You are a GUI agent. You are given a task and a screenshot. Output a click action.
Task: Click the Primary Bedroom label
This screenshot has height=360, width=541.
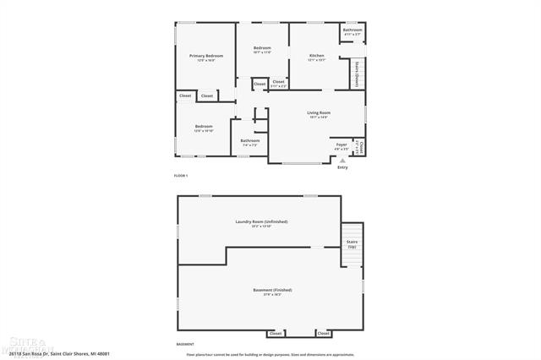click(205, 56)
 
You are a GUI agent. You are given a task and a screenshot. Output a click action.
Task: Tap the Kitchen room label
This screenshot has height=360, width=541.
click(316, 56)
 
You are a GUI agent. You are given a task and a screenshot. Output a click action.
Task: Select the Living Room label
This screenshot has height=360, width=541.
click(319, 112)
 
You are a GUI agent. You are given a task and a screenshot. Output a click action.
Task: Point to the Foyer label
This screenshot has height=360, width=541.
click(342, 145)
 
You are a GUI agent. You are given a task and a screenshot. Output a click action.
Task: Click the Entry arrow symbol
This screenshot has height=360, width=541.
click(342, 159)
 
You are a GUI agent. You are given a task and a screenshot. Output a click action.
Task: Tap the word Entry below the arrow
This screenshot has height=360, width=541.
click(342, 167)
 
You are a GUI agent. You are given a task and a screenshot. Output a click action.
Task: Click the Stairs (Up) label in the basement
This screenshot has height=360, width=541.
click(352, 245)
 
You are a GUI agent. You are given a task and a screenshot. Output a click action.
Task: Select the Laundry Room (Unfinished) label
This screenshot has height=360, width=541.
click(261, 221)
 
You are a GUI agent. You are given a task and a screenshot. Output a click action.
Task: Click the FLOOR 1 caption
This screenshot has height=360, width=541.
click(181, 175)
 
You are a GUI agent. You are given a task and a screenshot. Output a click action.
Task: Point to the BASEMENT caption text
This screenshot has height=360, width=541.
click(184, 345)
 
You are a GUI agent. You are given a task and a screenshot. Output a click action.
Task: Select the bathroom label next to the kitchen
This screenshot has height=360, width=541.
click(352, 30)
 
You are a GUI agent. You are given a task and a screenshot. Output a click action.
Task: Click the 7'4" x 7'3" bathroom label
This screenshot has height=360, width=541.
click(249, 142)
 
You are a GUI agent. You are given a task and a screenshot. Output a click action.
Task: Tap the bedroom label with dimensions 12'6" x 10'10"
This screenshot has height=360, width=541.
click(204, 128)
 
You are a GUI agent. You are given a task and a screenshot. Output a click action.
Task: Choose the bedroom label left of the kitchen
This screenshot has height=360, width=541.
click(262, 50)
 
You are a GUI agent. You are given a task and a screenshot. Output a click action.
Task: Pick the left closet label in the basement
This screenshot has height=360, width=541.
click(276, 334)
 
